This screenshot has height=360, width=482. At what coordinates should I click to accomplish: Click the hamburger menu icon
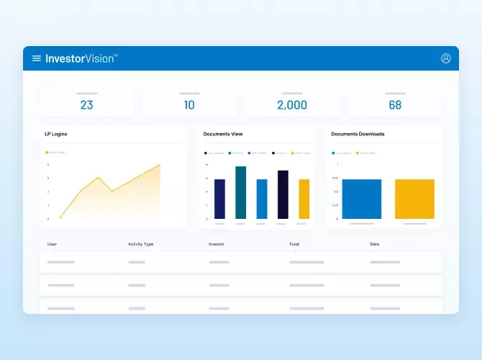37,58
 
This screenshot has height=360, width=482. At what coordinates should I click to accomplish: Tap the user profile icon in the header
446,58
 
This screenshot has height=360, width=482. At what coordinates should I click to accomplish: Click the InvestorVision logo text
81,58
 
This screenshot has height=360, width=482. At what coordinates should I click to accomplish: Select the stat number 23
86,105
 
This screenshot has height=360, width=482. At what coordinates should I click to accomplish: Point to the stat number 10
189,105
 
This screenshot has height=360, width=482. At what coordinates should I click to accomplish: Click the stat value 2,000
292,105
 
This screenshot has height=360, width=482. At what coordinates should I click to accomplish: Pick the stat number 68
395,105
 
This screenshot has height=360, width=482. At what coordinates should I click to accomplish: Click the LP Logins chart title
56,134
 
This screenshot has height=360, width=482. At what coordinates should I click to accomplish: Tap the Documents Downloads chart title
358,134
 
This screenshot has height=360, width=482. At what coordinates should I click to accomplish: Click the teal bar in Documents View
240,192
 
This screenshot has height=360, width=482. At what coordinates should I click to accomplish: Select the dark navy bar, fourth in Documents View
283,194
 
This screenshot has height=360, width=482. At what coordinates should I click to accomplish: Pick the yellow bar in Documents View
304,199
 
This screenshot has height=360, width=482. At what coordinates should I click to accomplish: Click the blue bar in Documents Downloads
361,199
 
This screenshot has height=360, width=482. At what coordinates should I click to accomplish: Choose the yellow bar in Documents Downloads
414,199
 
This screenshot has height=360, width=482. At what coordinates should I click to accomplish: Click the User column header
52,244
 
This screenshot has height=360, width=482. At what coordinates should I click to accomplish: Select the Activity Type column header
141,244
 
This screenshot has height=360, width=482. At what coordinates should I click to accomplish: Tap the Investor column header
217,244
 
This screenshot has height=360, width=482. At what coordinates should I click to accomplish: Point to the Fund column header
294,244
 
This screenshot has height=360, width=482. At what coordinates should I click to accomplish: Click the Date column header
375,244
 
